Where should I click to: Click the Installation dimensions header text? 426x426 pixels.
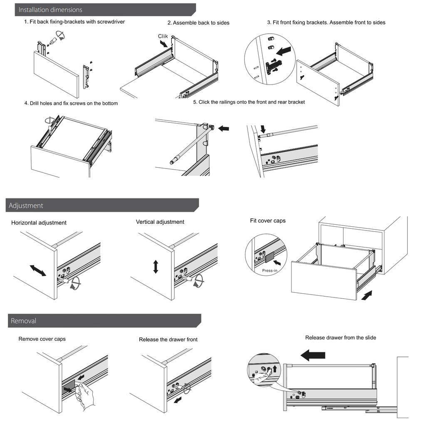click(x=50, y=10)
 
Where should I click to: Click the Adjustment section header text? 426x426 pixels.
click(x=26, y=206)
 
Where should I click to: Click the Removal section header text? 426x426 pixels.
click(x=23, y=321)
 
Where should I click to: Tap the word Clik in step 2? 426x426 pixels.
click(x=163, y=37)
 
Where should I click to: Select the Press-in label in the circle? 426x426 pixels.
click(x=270, y=270)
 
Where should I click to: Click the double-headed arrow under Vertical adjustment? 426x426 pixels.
click(x=156, y=267)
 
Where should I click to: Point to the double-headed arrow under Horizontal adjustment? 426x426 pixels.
click(x=38, y=271)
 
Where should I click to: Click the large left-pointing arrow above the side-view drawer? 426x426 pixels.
click(x=312, y=355)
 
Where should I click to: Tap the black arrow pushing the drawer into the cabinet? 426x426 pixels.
click(x=367, y=296)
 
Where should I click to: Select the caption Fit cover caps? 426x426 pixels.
click(x=267, y=220)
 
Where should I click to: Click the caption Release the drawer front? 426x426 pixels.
click(x=168, y=339)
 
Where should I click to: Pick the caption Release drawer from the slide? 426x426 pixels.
click(x=340, y=337)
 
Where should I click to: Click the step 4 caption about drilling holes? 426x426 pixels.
click(x=71, y=103)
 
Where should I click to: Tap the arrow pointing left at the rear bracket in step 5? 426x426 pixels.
click(x=223, y=129)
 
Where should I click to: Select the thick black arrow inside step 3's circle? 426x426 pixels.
click(x=285, y=51)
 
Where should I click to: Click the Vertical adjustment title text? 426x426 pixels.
click(x=160, y=222)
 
